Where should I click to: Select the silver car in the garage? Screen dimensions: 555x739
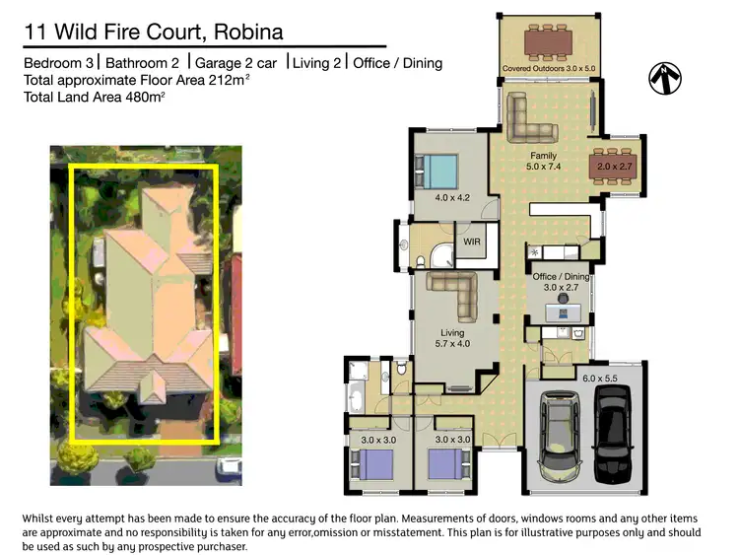pos(558,436)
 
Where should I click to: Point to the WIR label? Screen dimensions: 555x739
pos(471,241)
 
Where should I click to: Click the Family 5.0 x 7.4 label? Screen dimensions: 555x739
pos(543,162)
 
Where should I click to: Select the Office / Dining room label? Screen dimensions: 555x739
pos(561,283)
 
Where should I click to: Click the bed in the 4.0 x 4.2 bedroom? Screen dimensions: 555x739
pos(437,173)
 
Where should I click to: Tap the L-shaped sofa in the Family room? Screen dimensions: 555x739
pos(532,117)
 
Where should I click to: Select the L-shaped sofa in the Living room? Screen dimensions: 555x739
pos(453,292)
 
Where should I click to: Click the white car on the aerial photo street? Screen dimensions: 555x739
pos(230,465)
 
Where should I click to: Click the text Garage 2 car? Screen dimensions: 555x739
pos(236,63)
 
